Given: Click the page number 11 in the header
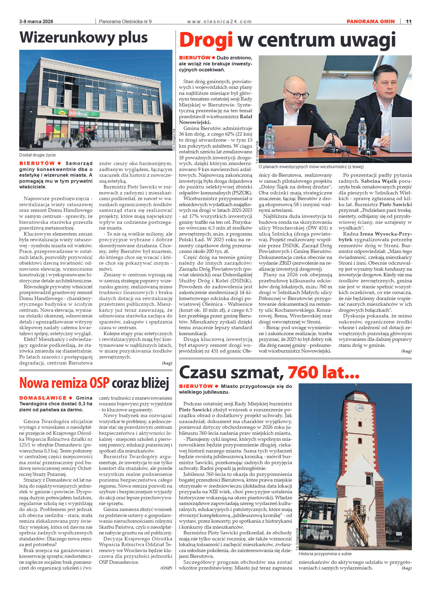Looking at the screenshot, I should (x=408, y=21).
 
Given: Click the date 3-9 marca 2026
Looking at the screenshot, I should (x=36, y=21).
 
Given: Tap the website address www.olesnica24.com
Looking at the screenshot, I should (x=219, y=21).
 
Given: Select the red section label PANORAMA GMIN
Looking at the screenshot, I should (x=370, y=21).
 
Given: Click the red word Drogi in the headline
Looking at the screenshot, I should (x=206, y=40).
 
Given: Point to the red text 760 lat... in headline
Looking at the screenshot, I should (x=323, y=373).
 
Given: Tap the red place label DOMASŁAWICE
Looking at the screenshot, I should (x=43, y=398).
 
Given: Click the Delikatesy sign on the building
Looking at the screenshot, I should (x=77, y=114).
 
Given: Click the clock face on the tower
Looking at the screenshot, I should (x=359, y=408).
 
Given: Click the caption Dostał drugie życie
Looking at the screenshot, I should (x=37, y=155).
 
